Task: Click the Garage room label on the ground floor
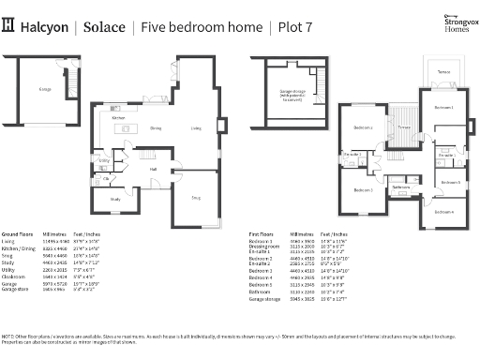click(44, 89)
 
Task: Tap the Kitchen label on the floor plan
click(119, 118)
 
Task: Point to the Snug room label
click(195, 198)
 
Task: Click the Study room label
click(116, 199)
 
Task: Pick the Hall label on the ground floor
click(153, 169)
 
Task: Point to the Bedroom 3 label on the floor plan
click(363, 190)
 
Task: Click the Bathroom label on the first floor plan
click(401, 187)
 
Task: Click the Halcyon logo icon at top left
click(9, 27)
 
